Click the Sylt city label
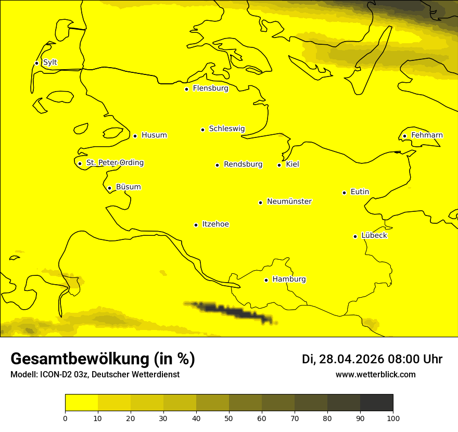coord(50,62)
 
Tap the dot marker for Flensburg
coord(186,89)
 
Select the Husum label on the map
coord(154,135)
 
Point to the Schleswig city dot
coord(202,130)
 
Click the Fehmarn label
coord(427,135)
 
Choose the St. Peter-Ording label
coord(115,163)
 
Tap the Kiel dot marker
coord(279,165)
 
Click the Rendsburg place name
coord(243,164)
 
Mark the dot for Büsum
coord(109,188)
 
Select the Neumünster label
coord(289,201)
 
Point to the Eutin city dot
coord(344,193)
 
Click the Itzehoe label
coord(215,224)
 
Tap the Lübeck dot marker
coord(355,236)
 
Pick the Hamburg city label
coord(289,279)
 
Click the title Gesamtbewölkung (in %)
coord(103,359)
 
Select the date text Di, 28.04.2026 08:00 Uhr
coord(372,359)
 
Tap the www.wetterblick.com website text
coord(375,375)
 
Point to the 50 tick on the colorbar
coord(229,418)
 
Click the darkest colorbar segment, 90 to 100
coord(376,403)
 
